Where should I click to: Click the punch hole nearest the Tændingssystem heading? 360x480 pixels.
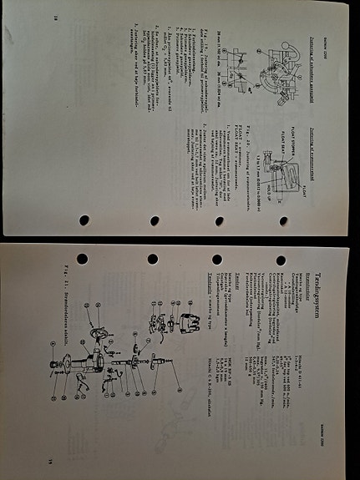point(280,260)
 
